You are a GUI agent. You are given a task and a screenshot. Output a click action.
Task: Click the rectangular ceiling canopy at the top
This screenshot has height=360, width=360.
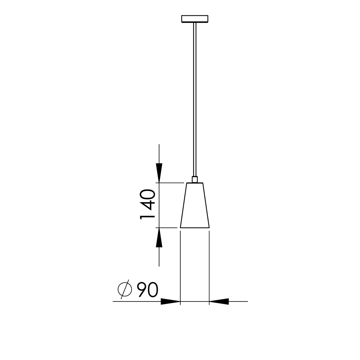(x=195, y=19)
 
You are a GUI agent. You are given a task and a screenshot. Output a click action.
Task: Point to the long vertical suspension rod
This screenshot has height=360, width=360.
(x=195, y=99)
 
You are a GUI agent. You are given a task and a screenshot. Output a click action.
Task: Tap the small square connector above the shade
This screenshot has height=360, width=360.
(x=195, y=179)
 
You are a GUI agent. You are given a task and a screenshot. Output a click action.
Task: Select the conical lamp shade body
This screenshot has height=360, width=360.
(x=195, y=207)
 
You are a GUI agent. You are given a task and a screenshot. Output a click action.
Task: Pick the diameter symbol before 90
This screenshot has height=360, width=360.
(x=124, y=289)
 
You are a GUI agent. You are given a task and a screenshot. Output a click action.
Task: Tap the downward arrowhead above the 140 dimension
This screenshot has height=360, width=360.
(x=159, y=173)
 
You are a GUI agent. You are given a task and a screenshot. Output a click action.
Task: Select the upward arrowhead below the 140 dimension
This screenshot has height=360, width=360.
(x=159, y=238)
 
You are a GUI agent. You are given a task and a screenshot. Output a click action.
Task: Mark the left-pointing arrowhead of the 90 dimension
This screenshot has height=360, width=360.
(x=219, y=301)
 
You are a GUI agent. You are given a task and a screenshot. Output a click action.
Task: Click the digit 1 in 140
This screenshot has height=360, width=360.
(x=148, y=217)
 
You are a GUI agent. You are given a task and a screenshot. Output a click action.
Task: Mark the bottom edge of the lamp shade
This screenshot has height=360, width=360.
(x=195, y=228)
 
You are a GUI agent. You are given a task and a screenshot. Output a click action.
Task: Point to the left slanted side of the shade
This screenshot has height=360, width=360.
(x=183, y=205)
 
